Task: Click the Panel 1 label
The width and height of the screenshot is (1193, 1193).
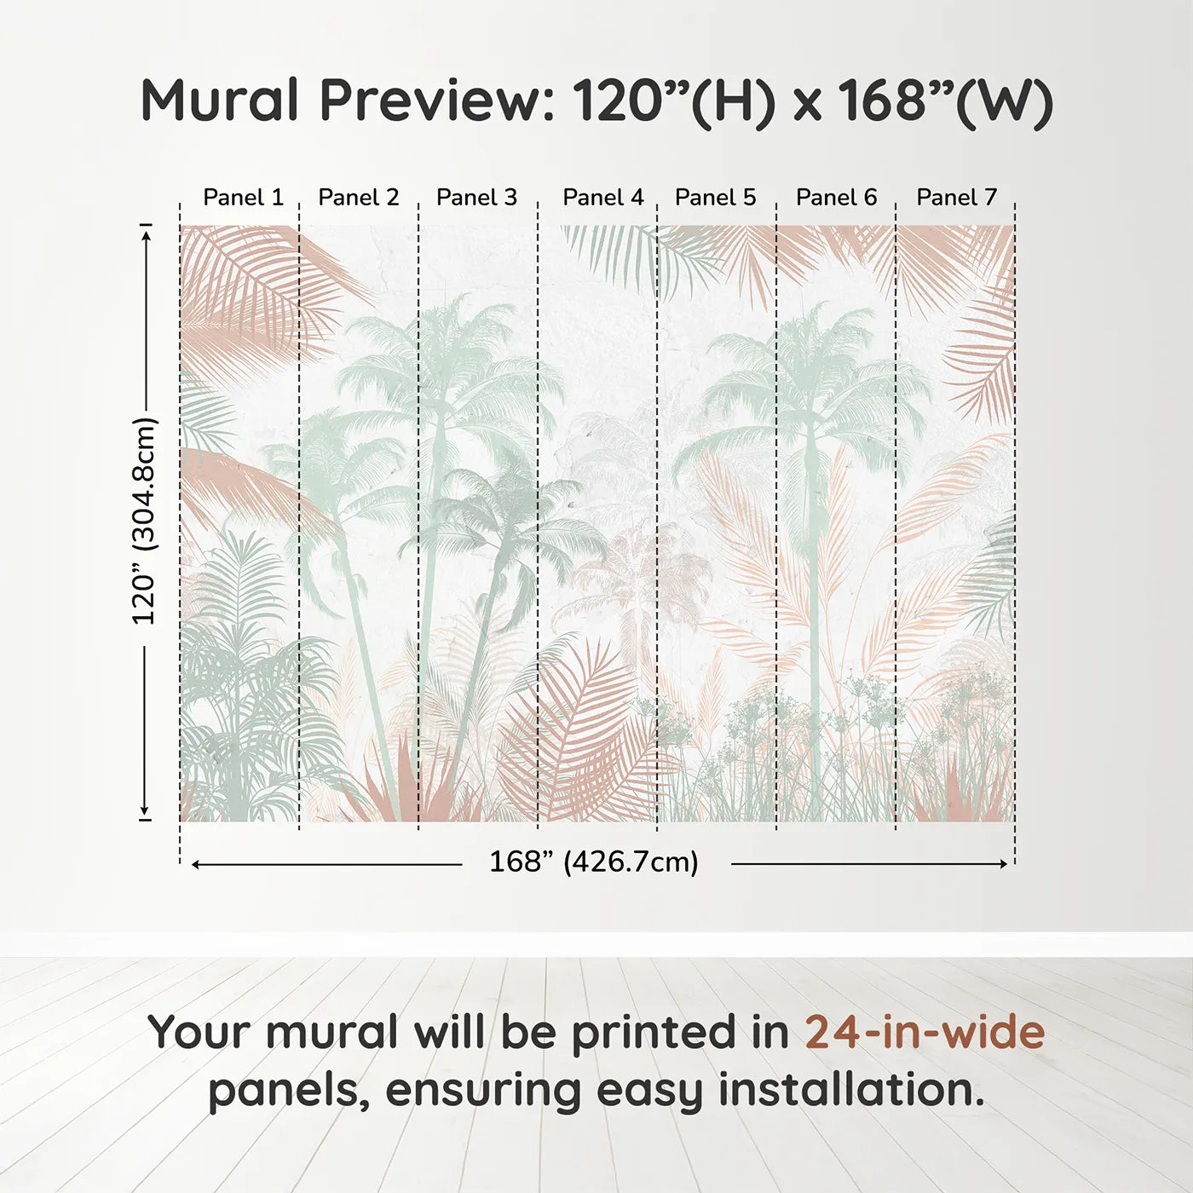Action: point(243,198)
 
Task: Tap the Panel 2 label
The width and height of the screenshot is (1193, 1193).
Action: point(358,198)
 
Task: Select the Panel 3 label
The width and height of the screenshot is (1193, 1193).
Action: point(476,198)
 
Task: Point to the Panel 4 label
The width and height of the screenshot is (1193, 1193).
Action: point(603,198)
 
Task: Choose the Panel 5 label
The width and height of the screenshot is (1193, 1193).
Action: point(715,198)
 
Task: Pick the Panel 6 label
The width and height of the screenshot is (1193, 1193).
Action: point(836,198)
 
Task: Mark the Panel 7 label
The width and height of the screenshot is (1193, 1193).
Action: point(956,198)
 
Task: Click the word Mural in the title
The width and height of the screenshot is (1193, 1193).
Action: point(220,101)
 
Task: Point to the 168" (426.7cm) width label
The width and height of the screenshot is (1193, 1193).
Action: point(593,862)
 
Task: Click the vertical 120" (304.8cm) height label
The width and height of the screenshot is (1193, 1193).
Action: point(145,521)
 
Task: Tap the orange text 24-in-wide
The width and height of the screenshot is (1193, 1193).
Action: point(925,1032)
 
